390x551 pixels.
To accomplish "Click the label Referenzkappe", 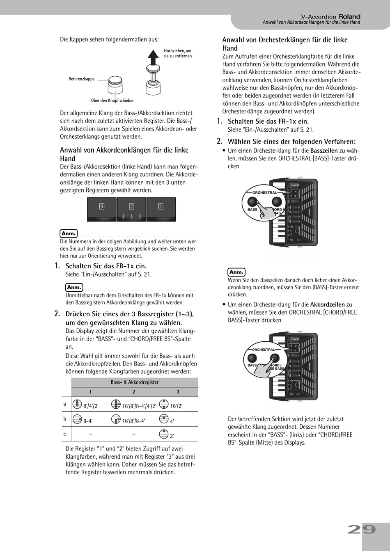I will (x=81, y=79).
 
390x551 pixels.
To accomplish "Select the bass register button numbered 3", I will (x=102, y=207).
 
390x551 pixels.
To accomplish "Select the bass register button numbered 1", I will (x=161, y=207).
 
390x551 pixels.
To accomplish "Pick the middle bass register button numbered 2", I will (x=131, y=207).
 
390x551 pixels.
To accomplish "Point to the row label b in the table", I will (x=64, y=419).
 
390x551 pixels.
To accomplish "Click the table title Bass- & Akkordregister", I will (x=135, y=382).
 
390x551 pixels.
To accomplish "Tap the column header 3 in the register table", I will (x=178, y=392).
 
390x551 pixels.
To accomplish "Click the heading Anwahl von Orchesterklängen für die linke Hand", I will (x=284, y=44).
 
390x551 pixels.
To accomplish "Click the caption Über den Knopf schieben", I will (x=112, y=101).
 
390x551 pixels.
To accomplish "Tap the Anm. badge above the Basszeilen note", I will (x=236, y=272).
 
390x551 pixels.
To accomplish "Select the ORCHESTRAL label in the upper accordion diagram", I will (x=264, y=192).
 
